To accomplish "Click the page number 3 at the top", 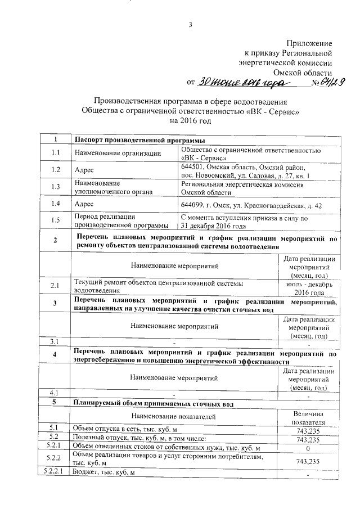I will [x=190, y=24].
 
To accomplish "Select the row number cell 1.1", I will [x=55, y=153].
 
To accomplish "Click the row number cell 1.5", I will [x=55, y=221].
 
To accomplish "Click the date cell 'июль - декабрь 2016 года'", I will [x=309, y=289].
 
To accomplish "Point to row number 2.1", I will [x=55, y=286].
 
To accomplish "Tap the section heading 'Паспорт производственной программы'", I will [x=139, y=140].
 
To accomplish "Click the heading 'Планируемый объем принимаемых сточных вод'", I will [x=163, y=403].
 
